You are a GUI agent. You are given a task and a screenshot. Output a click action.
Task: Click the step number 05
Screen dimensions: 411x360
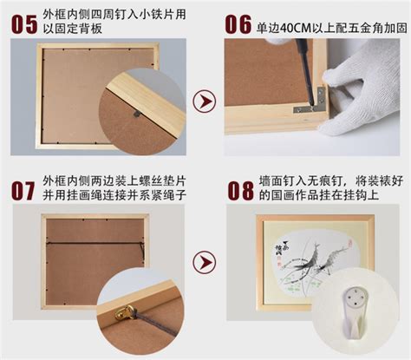click(x=24, y=24)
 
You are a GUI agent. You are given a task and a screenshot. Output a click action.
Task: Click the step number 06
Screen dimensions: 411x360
click(x=238, y=24)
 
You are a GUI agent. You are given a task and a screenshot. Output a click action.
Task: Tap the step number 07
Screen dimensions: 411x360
click(x=23, y=191)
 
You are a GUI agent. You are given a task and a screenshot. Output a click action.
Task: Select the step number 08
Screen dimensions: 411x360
click(x=240, y=191)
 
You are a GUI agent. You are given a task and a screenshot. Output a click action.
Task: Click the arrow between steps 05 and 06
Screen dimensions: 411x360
click(x=205, y=101)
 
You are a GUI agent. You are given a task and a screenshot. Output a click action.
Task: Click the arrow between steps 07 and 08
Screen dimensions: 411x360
click(x=205, y=262)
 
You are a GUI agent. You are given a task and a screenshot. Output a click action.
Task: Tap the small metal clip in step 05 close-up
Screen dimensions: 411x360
click(x=137, y=114)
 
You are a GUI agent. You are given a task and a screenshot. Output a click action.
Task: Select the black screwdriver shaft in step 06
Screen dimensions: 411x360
click(x=305, y=72)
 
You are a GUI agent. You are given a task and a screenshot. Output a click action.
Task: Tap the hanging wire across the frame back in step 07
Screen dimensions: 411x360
click(x=95, y=244)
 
